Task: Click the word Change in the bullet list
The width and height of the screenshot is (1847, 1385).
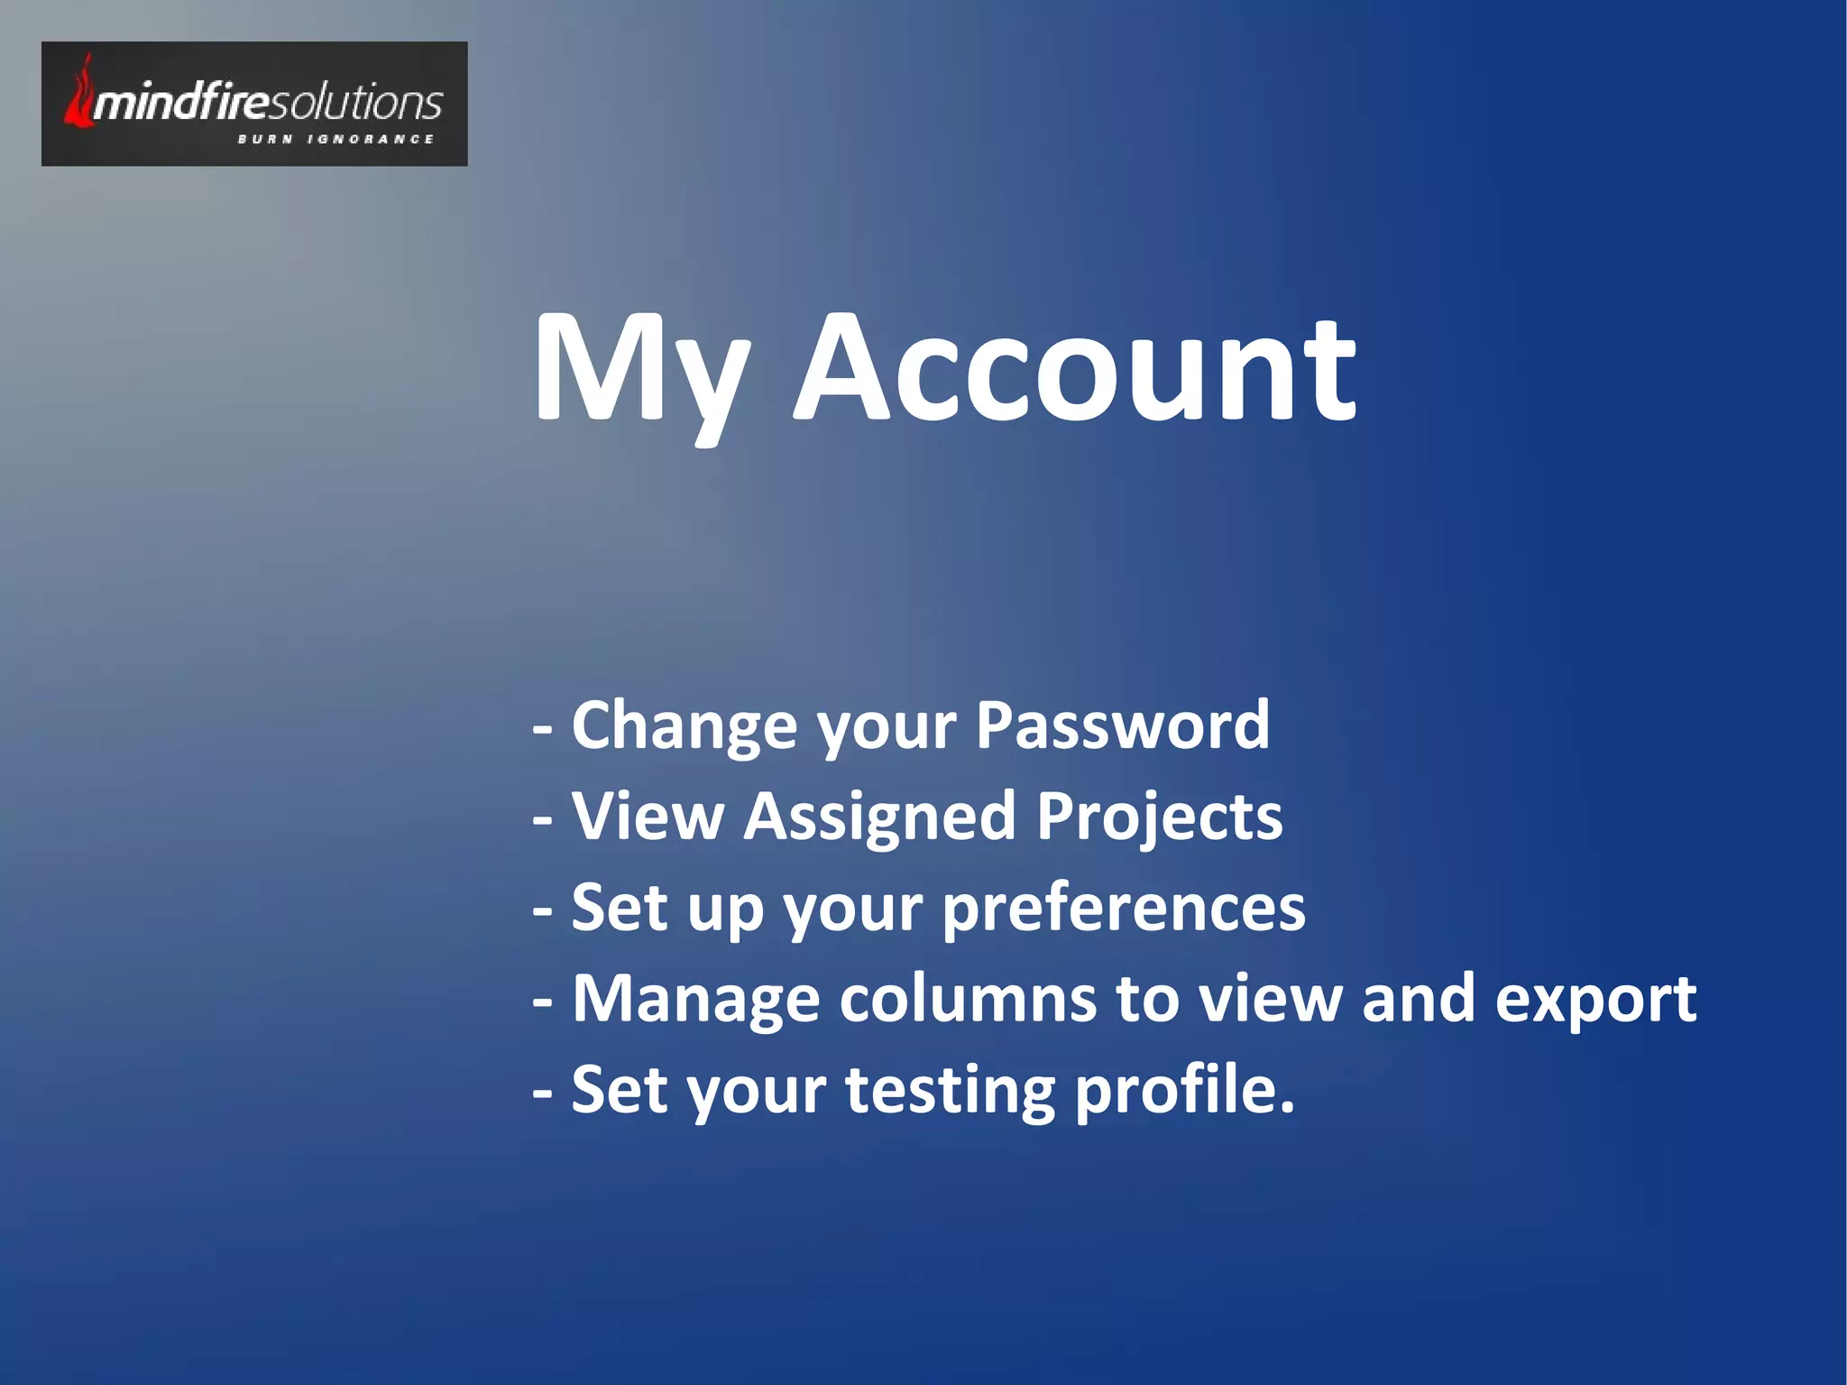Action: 685,727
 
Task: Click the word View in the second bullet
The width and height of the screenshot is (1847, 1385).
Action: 648,817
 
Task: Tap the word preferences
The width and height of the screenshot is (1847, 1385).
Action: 1124,909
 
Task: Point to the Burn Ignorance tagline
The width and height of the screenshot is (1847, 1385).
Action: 335,139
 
